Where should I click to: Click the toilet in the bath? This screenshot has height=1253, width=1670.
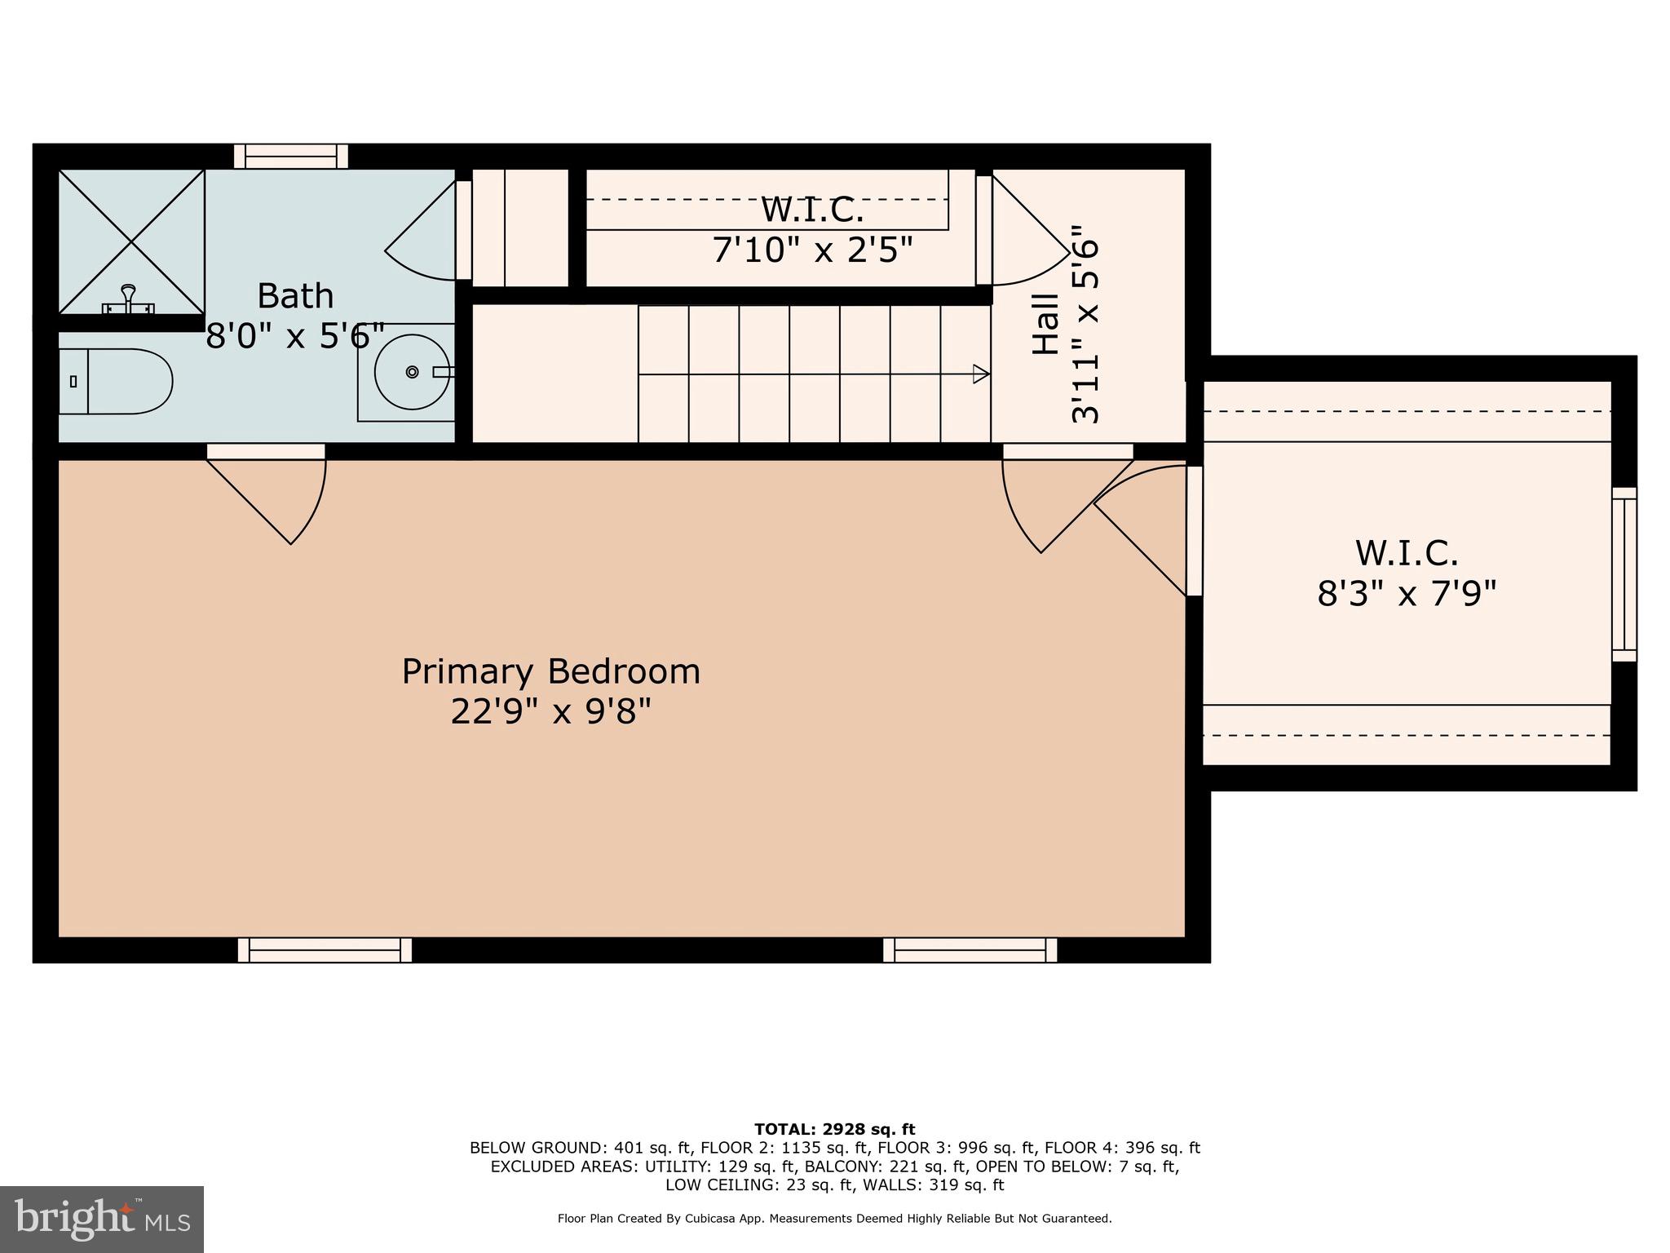click(x=116, y=381)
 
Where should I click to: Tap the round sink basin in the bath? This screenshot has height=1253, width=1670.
click(x=412, y=372)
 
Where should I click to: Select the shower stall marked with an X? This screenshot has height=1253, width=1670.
click(x=131, y=241)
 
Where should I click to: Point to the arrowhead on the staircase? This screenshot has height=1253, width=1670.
click(x=981, y=374)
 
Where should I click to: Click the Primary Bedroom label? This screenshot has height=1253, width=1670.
click(x=551, y=672)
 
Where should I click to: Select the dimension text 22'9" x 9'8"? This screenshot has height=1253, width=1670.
click(x=551, y=712)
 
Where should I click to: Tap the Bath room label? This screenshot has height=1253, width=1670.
click(x=295, y=295)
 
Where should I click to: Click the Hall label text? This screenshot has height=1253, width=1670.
click(x=1046, y=324)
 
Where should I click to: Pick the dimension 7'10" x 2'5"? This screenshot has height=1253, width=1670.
click(x=812, y=250)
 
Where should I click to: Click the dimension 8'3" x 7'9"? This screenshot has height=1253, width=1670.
click(x=1407, y=594)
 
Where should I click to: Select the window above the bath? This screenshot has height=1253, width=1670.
click(x=291, y=156)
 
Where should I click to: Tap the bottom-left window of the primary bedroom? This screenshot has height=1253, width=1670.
click(x=325, y=950)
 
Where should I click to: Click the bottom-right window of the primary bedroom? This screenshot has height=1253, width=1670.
click(x=970, y=950)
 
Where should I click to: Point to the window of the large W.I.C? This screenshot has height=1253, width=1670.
click(x=1624, y=574)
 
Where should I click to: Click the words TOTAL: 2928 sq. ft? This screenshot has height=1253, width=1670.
click(x=835, y=1130)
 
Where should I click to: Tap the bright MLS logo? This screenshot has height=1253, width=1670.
click(x=102, y=1219)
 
